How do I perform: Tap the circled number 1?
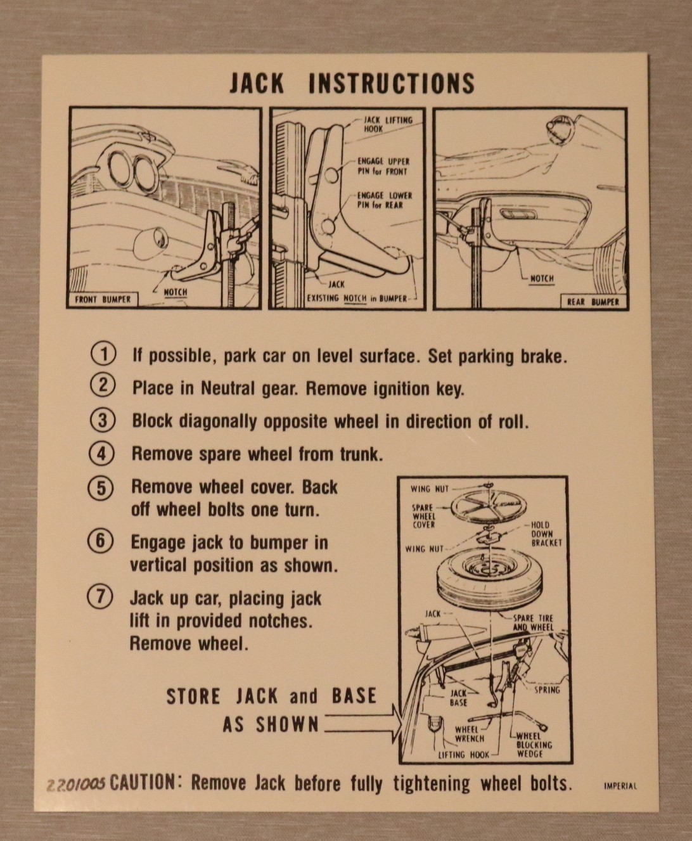[103, 354]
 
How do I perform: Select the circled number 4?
[102, 454]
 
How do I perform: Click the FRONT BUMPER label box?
[103, 300]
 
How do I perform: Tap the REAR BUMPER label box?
[594, 302]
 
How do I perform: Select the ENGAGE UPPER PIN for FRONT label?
[383, 167]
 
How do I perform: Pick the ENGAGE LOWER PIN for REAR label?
[385, 200]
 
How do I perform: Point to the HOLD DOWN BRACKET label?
[546, 534]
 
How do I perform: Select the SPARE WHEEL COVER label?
[423, 517]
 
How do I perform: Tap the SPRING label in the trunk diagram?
[547, 690]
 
